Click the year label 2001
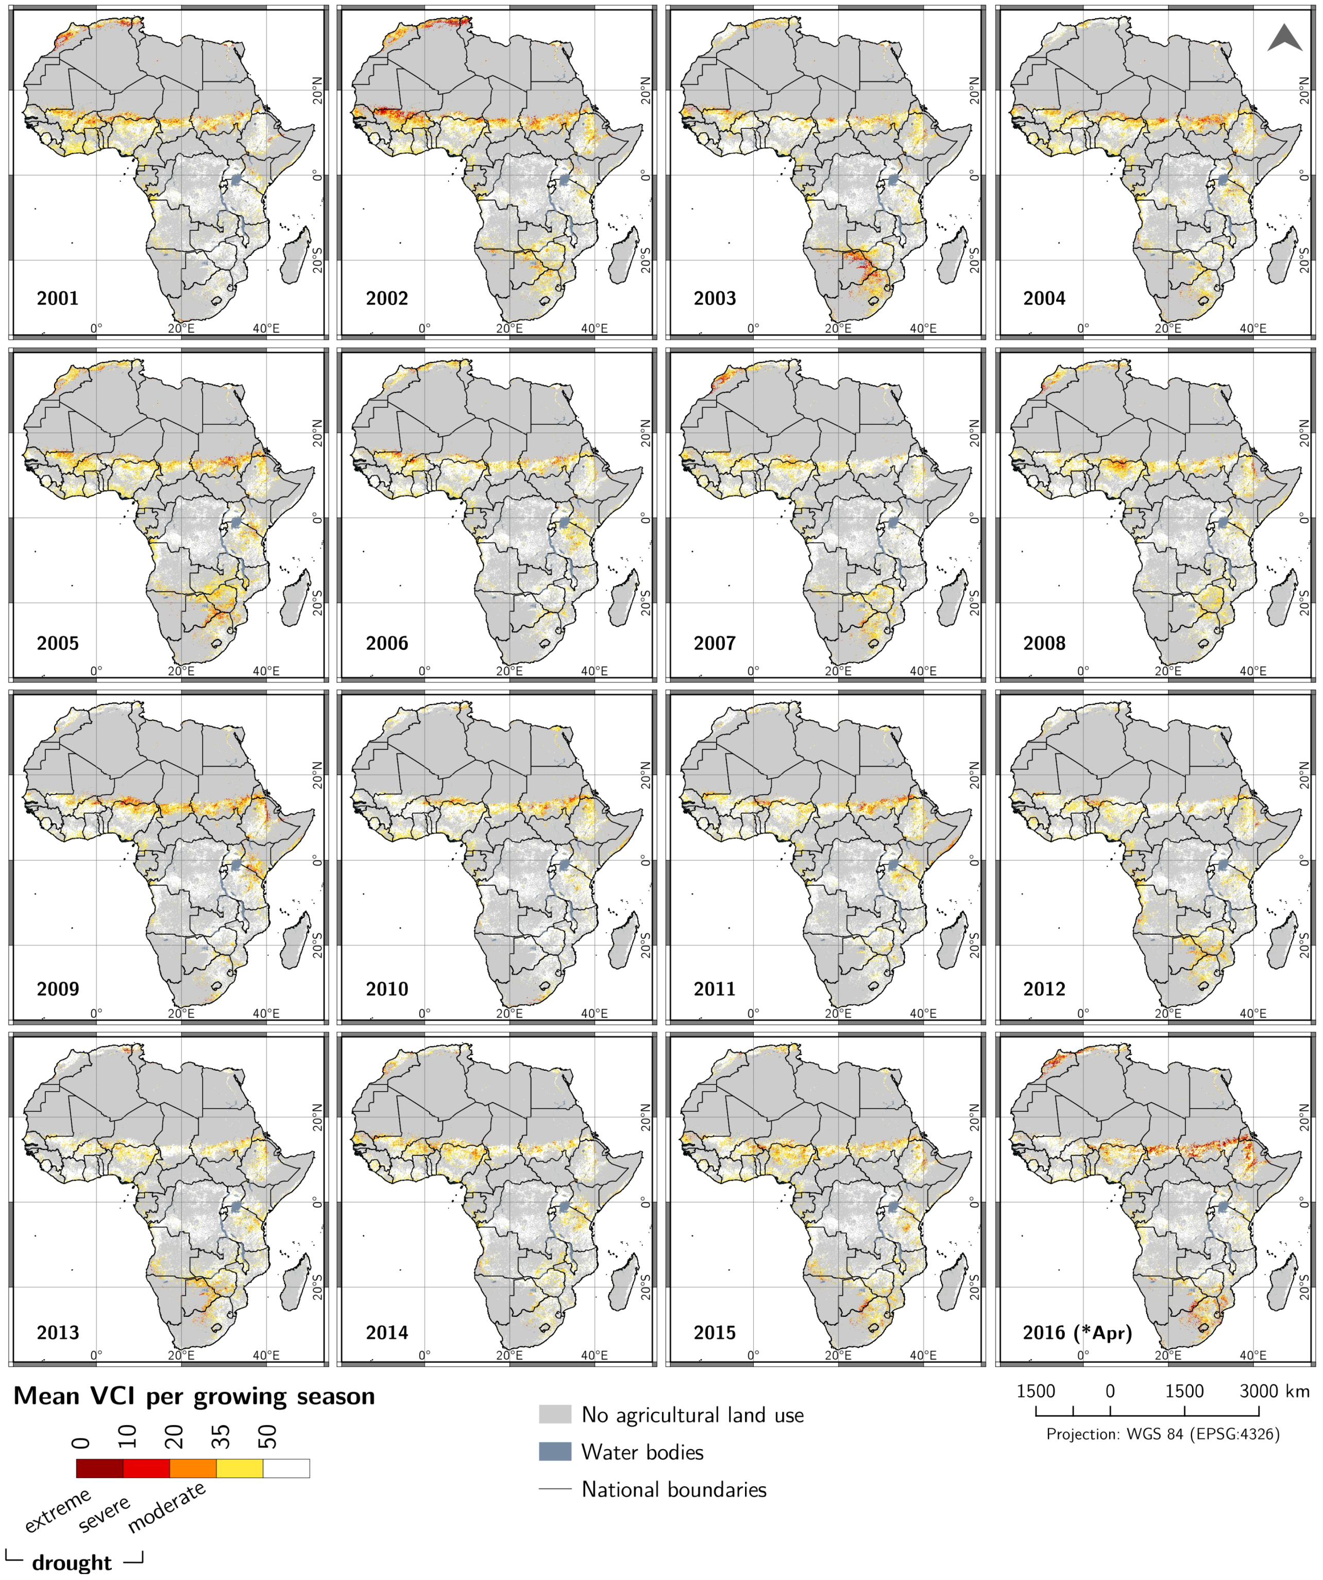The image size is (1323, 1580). (57, 298)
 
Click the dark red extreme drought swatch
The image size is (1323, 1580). (99, 1468)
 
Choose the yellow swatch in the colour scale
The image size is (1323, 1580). (240, 1468)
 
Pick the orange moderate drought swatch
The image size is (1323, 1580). (193, 1468)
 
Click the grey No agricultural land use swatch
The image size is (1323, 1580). (555, 1415)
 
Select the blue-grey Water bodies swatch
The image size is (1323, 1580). (555, 1452)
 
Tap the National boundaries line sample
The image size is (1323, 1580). (555, 1489)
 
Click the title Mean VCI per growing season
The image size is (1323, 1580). (194, 1397)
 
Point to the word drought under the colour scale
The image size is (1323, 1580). (72, 1562)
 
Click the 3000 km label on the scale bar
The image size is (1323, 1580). (1274, 1391)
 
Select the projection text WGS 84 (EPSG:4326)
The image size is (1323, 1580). (1163, 1434)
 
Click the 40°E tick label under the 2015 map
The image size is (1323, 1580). (923, 1355)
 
